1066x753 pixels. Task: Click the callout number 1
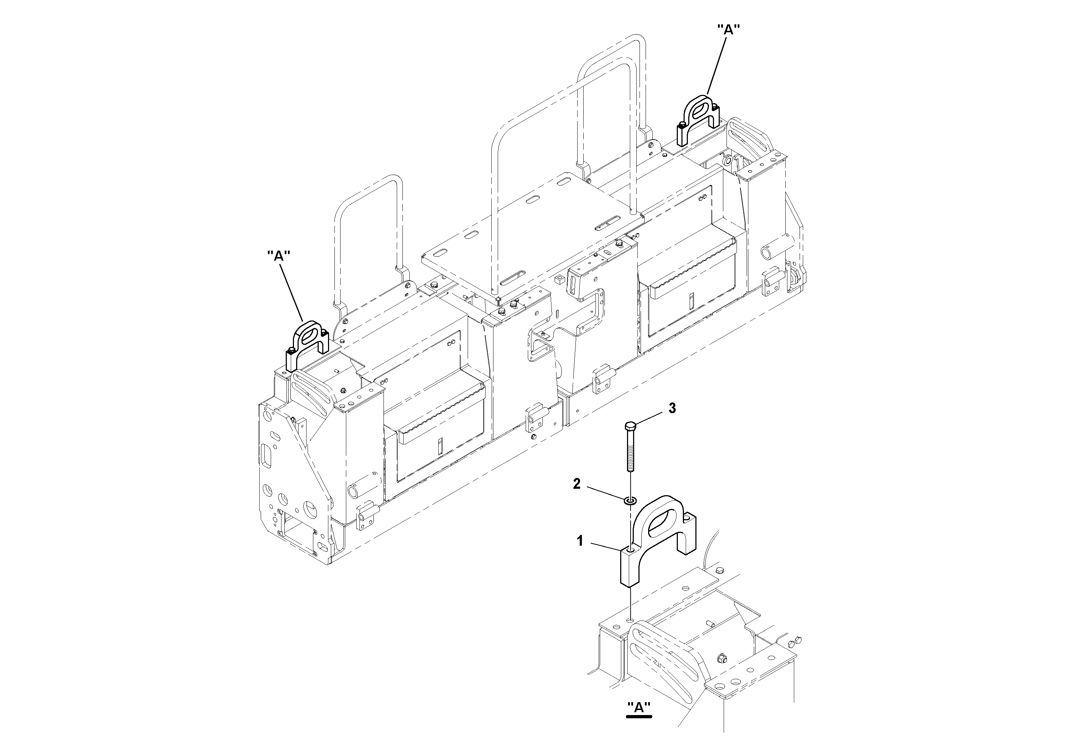pos(579,541)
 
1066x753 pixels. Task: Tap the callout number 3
pos(672,408)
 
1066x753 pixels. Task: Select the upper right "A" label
pos(728,30)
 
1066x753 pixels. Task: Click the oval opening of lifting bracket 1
pos(662,525)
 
